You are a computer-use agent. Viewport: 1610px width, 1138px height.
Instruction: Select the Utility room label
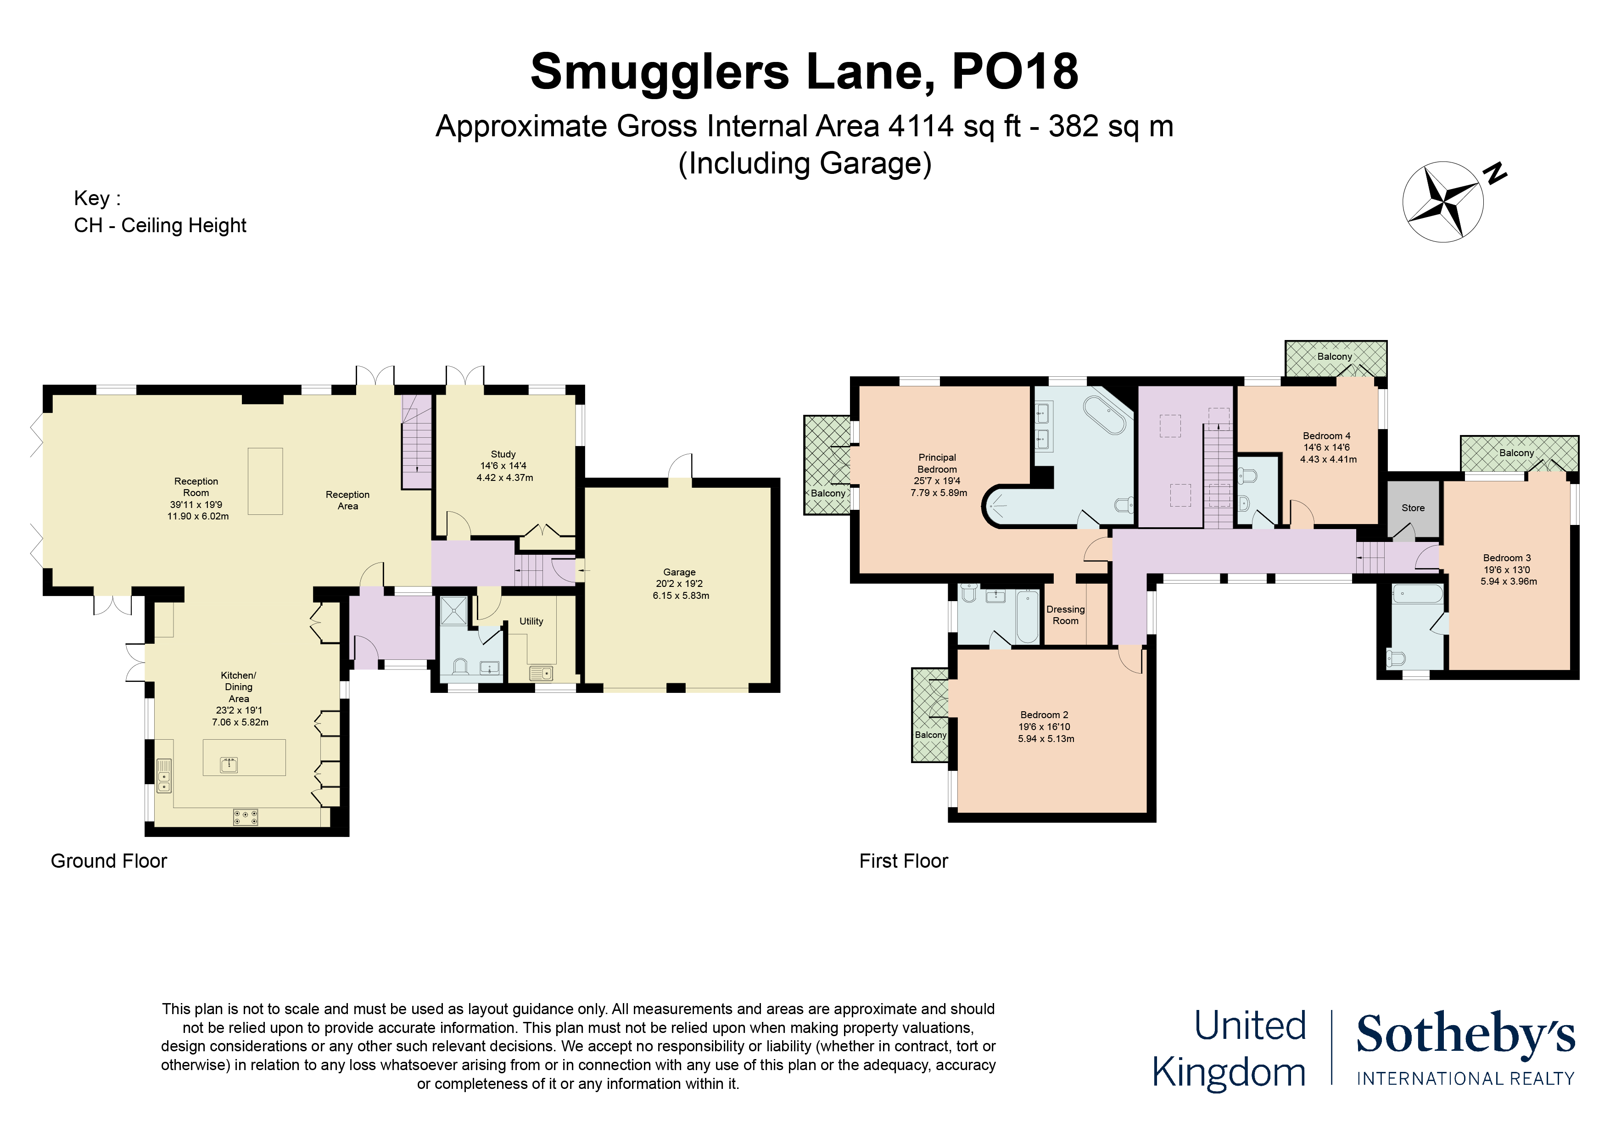point(531,621)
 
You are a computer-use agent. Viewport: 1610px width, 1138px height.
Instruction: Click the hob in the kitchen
point(246,817)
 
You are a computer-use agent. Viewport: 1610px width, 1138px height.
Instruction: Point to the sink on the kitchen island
point(229,764)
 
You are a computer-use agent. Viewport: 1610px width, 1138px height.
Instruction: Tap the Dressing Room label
point(1065,615)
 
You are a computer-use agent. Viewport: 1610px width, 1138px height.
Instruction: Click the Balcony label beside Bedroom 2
point(930,735)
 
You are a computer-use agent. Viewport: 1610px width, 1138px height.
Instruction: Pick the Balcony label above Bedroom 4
point(1334,356)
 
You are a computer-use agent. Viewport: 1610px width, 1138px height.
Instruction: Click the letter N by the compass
point(1495,173)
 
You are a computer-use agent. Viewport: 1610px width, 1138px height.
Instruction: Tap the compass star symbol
point(1442,202)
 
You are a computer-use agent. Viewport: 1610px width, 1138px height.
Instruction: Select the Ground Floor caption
point(109,861)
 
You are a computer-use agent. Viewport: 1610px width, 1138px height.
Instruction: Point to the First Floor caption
point(903,861)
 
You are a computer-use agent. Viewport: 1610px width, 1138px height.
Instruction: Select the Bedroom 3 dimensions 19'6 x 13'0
point(1506,570)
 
